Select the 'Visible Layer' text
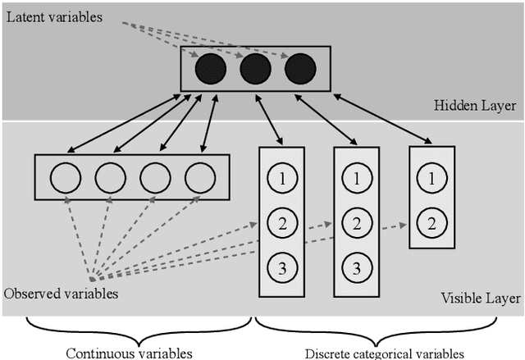pos(480,298)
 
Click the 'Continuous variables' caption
pos(129,353)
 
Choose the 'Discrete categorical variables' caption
pos(384,353)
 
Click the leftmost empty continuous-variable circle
pos(65,177)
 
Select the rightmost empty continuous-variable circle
pos(199,177)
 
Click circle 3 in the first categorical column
pos(281,266)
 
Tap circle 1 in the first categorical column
pos(281,177)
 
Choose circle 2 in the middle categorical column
pos(356,221)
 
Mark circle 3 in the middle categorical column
pos(356,266)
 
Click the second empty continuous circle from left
pos(110,177)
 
